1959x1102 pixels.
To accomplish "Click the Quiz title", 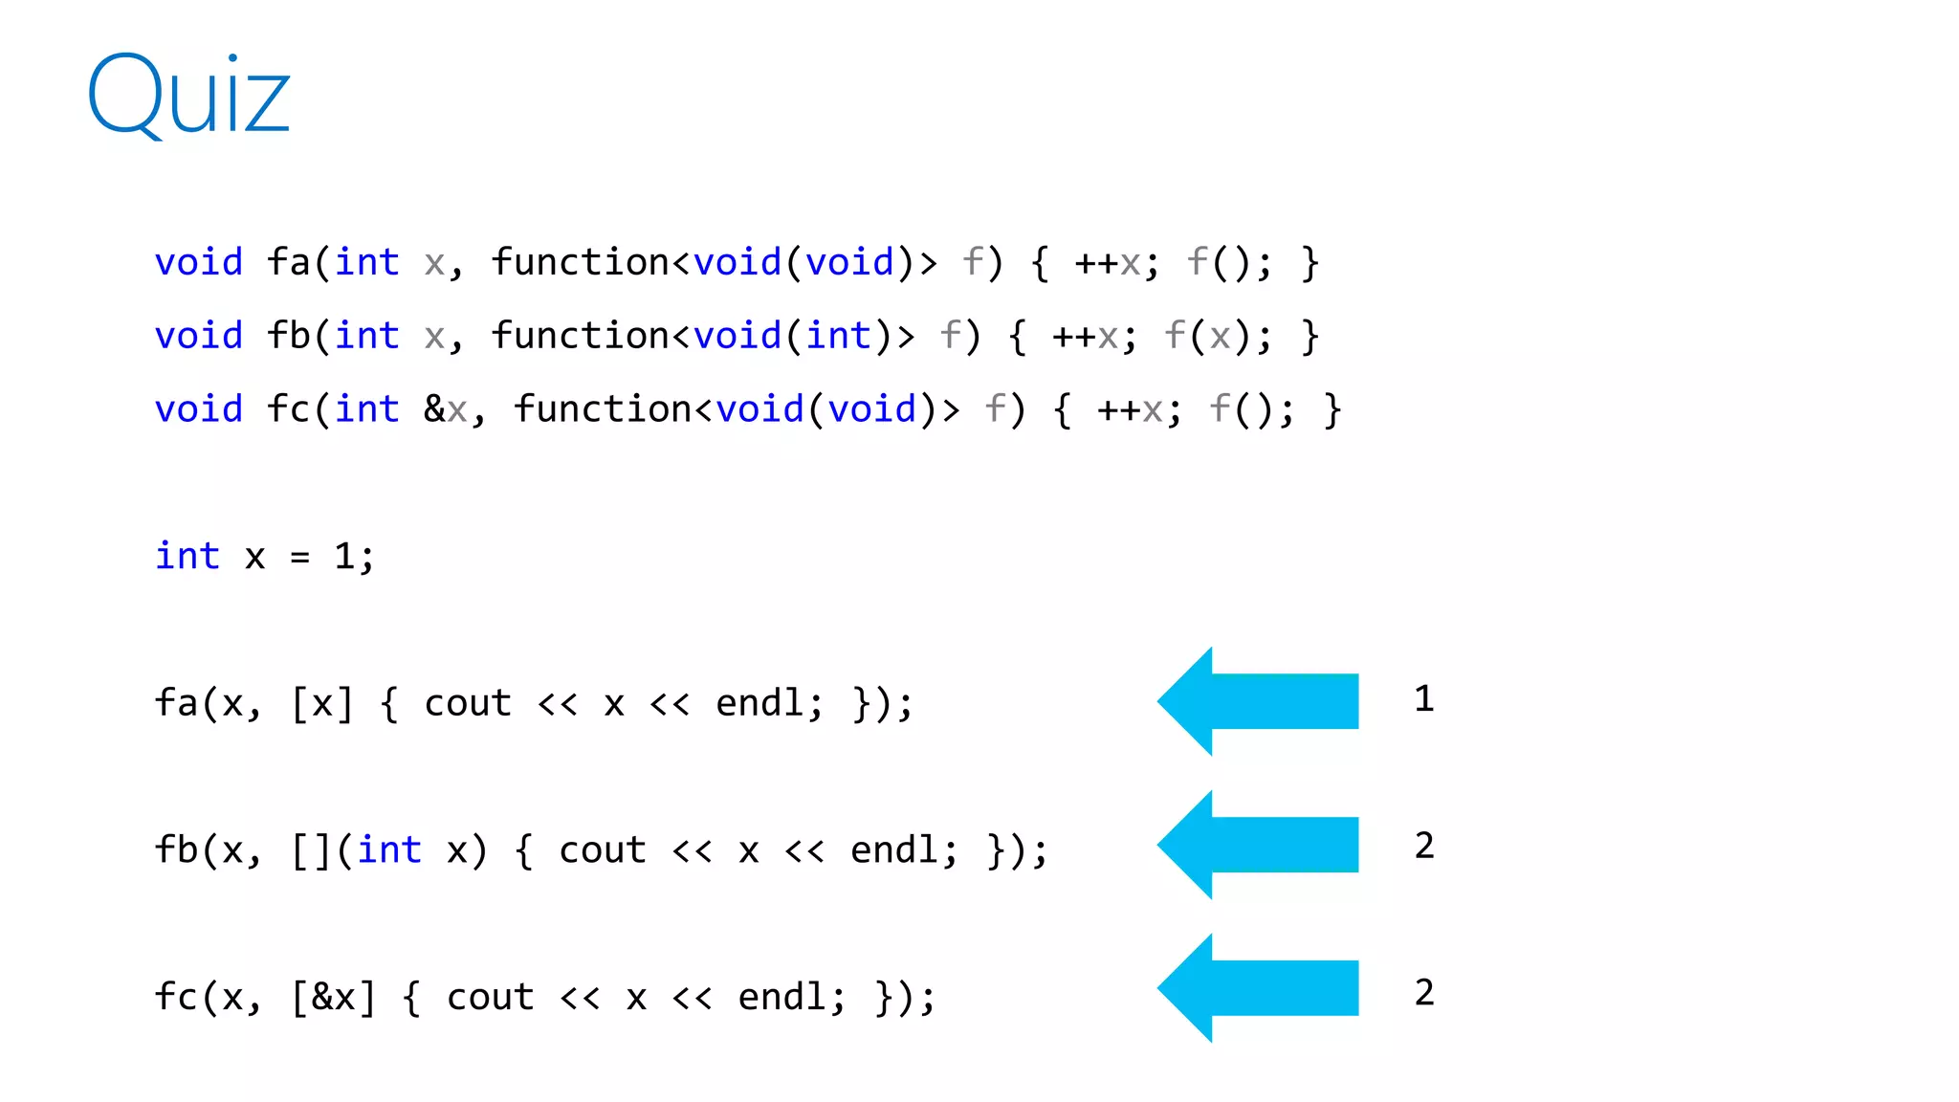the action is point(188,96).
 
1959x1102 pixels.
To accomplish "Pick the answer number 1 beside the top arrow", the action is point(1424,699).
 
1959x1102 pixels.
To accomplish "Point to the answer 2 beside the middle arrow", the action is point(1424,846).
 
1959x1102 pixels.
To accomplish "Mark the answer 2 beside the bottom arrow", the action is point(1424,993).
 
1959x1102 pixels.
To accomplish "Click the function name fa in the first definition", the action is point(288,262).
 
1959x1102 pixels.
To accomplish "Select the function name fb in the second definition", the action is point(288,336).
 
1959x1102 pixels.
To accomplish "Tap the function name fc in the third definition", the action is point(288,409).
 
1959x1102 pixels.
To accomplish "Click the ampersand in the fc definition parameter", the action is point(434,409).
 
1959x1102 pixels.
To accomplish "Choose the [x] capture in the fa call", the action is point(322,704).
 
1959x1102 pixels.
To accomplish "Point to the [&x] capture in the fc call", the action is point(333,998).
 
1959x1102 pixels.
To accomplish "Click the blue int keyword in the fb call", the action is point(389,849).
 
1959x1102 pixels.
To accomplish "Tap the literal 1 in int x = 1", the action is point(344,556).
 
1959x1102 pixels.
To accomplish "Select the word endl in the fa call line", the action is point(759,703).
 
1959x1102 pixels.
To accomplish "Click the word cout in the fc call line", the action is point(490,998).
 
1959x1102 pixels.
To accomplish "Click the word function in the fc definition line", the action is point(603,409).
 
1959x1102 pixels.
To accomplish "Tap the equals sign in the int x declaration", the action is point(300,557).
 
